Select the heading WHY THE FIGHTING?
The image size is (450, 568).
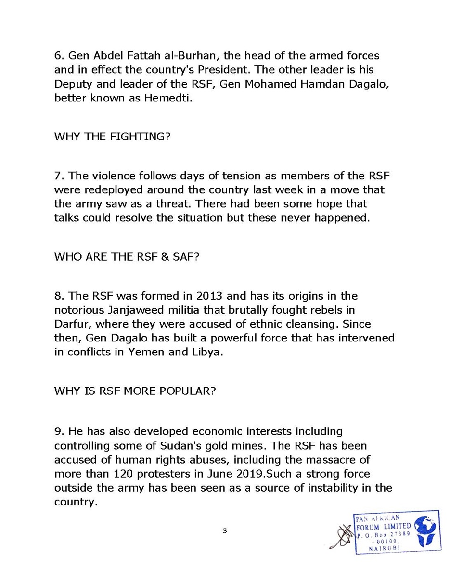click(112, 137)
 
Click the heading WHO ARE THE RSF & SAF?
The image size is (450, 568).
click(127, 257)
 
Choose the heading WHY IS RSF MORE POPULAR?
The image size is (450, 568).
click(135, 391)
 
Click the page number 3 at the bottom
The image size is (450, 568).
click(225, 531)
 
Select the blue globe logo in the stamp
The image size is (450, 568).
click(426, 529)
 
